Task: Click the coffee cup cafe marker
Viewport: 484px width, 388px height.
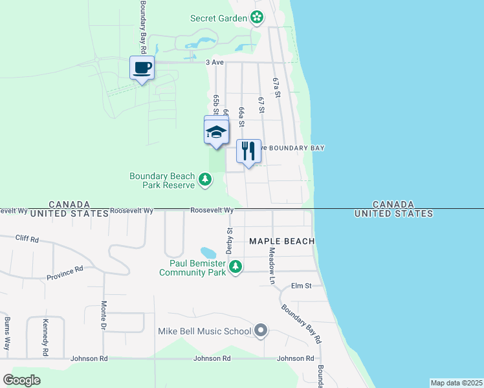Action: tap(142, 67)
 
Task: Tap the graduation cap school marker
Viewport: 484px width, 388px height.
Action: tap(216, 132)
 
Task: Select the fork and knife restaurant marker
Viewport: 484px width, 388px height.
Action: tap(248, 151)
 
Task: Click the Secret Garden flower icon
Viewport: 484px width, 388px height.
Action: tap(258, 17)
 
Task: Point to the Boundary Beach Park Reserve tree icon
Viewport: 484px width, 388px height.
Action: tap(205, 178)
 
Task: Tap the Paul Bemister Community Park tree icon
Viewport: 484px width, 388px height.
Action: tap(236, 266)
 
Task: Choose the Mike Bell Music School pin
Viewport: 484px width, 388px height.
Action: tap(261, 331)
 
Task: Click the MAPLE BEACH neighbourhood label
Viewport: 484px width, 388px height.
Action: tap(282, 241)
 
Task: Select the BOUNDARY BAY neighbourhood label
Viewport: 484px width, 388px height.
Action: tap(296, 148)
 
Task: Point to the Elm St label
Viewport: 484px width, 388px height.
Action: tap(302, 285)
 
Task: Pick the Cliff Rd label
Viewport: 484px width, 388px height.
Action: tap(27, 239)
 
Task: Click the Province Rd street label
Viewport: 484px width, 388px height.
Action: tap(65, 274)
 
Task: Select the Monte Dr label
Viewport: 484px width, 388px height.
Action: tap(104, 316)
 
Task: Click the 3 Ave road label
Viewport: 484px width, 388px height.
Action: tap(214, 62)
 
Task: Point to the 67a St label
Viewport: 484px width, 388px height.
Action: tap(276, 87)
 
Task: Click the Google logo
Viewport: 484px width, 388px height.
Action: tap(21, 380)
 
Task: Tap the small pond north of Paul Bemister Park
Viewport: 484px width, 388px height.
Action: tap(208, 252)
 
